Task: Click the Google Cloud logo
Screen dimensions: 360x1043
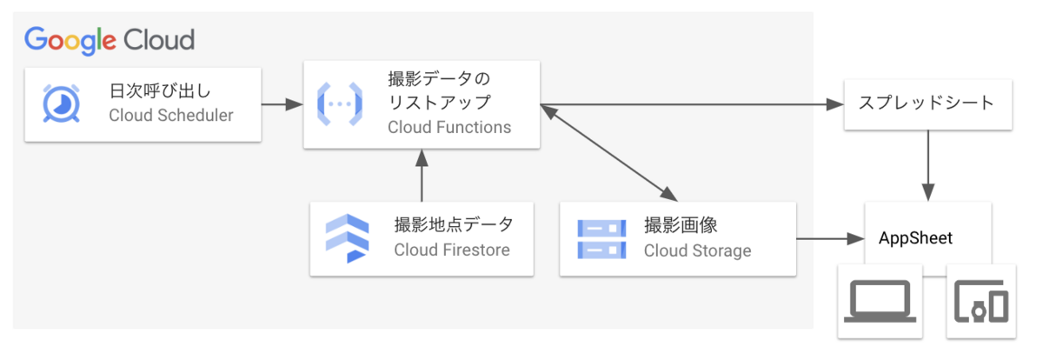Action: click(110, 40)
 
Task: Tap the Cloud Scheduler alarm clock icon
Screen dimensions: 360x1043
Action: click(62, 103)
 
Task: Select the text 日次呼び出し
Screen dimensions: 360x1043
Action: click(160, 91)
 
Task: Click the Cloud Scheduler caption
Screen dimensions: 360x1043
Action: click(171, 116)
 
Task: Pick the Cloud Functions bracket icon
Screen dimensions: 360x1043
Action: click(339, 103)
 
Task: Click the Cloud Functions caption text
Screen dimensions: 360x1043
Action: click(449, 128)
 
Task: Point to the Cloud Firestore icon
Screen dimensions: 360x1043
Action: click(346, 238)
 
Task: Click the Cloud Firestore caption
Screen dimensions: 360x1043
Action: click(452, 250)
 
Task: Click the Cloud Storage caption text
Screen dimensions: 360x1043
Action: click(697, 250)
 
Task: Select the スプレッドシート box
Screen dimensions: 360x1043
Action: click(927, 103)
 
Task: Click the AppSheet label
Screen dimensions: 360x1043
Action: click(915, 238)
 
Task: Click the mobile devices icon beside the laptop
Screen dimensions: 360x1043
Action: click(980, 303)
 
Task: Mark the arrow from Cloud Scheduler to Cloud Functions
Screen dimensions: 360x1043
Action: click(282, 104)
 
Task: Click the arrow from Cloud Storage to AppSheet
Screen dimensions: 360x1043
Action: click(829, 238)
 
